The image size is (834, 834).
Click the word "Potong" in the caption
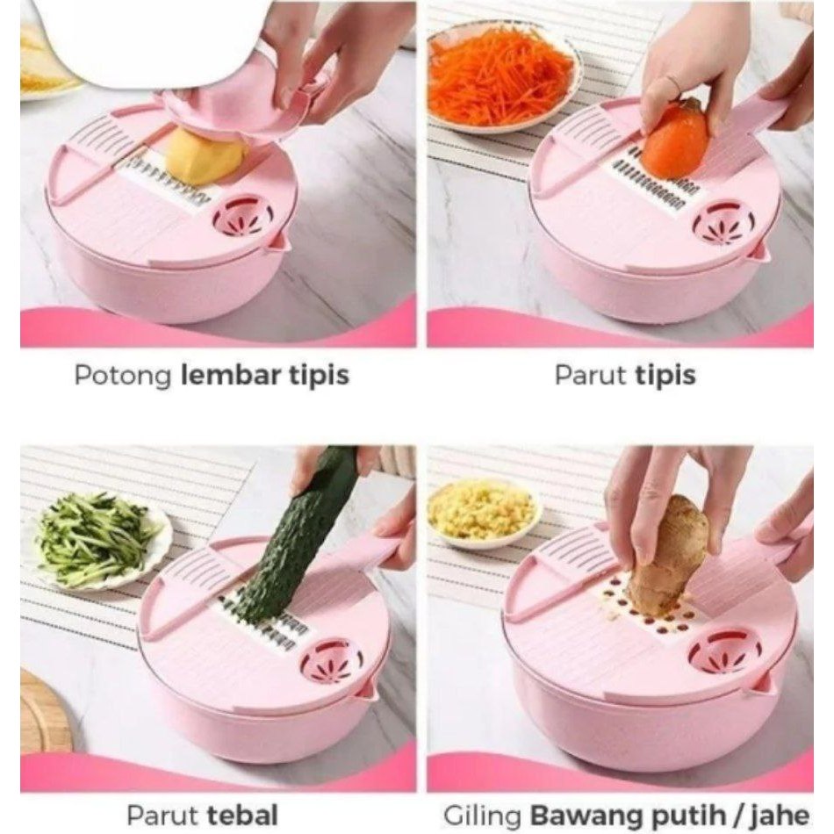(123, 376)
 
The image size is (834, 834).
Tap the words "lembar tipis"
(264, 376)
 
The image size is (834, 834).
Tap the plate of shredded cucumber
(97, 540)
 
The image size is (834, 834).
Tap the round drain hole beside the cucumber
(332, 660)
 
